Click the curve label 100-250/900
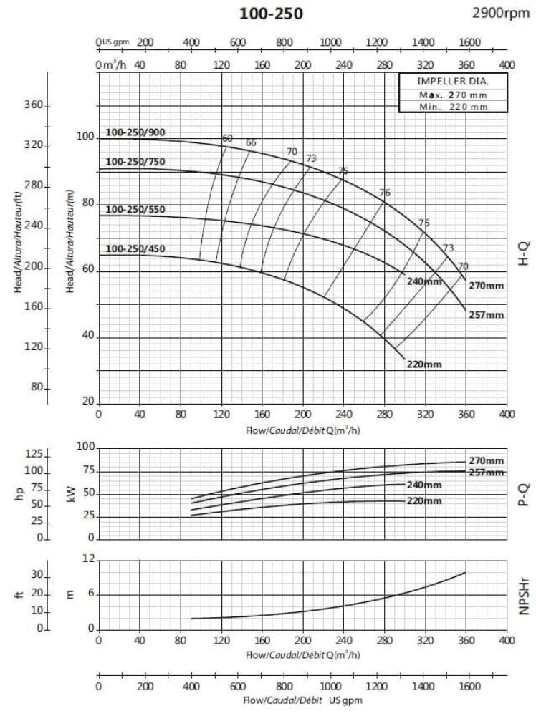[135, 132]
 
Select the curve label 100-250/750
[135, 161]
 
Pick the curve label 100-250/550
[135, 210]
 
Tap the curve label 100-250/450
[135, 248]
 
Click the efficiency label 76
[385, 193]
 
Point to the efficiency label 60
[228, 138]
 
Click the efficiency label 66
[251, 142]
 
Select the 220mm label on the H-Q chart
[424, 364]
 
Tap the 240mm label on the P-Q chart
[424, 485]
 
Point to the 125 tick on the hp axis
[35, 455]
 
